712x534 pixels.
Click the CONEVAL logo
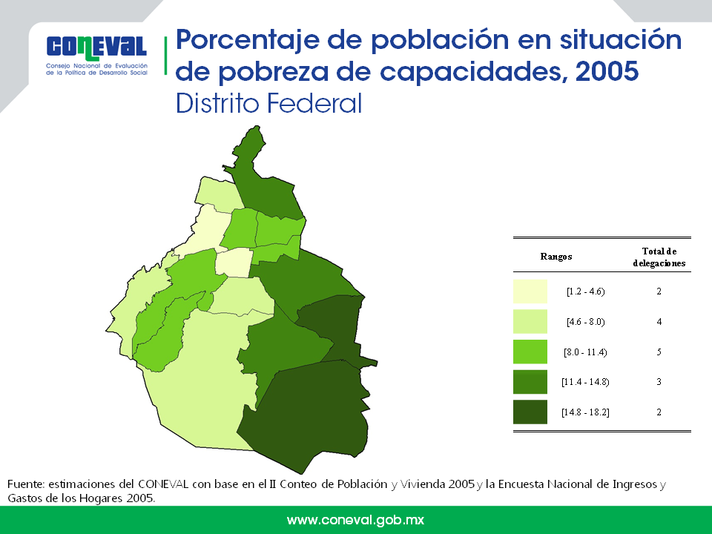click(x=96, y=55)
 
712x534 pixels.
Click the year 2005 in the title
click(x=607, y=71)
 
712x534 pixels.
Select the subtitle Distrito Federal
click(x=268, y=103)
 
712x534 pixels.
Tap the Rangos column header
click(x=556, y=257)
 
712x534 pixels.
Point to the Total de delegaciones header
click(x=659, y=257)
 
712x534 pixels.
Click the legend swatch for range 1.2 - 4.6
click(x=530, y=291)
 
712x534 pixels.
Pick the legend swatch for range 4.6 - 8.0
click(x=530, y=321)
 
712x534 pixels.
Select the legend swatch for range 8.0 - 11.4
click(x=530, y=352)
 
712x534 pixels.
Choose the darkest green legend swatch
click(x=530, y=412)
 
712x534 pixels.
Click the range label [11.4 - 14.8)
click(x=585, y=382)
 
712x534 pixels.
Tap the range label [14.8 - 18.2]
click(x=585, y=412)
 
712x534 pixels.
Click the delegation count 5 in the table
click(x=659, y=352)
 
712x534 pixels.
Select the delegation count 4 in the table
click(x=659, y=322)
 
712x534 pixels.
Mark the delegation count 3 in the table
click(x=659, y=382)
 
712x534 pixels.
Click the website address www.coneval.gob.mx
click(x=355, y=520)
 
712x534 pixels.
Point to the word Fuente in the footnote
click(x=26, y=484)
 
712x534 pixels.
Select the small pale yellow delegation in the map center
click(x=234, y=263)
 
